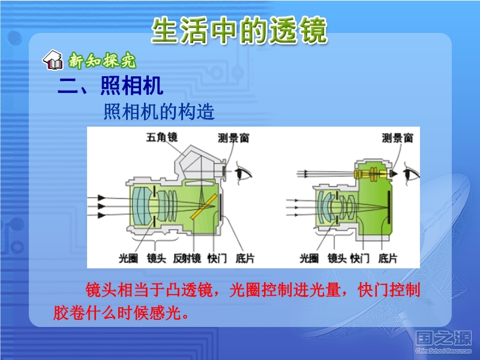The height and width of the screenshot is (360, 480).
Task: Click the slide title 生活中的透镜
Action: point(239,30)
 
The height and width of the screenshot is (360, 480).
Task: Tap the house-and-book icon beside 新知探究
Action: point(53,60)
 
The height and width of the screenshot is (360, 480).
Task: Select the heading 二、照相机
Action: point(110,85)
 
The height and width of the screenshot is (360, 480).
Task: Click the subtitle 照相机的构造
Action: point(159,112)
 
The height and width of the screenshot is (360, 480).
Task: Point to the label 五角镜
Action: point(161,137)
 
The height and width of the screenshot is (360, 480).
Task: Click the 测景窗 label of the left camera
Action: point(233,138)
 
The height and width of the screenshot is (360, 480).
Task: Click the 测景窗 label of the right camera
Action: point(398,138)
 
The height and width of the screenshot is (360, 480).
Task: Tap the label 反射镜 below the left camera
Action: point(187,259)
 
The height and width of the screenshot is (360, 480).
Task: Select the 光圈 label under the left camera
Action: point(128,259)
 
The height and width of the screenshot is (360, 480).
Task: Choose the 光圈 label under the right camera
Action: point(309,259)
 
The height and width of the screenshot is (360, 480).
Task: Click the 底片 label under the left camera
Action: point(245,259)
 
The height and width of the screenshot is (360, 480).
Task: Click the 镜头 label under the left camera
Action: point(157,259)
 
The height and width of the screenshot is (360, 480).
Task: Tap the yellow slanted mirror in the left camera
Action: point(203,206)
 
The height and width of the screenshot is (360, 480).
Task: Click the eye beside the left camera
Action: point(243,174)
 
